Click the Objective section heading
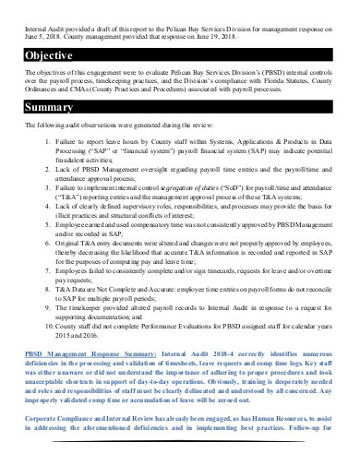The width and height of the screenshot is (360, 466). click(x=49, y=55)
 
